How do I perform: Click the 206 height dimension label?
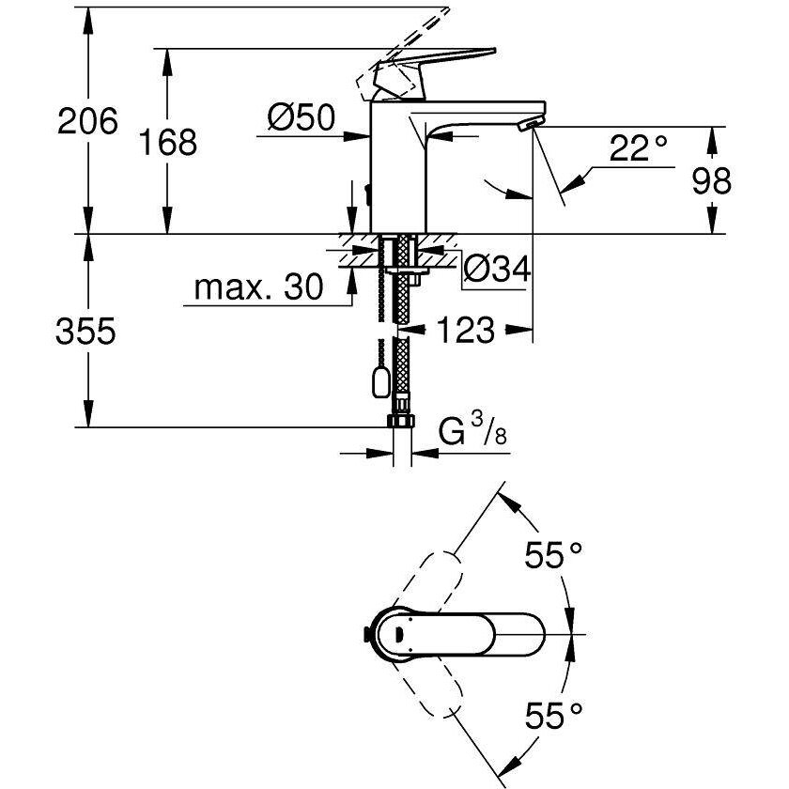coord(87,121)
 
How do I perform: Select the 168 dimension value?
coord(167,142)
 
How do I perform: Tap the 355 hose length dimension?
coord(85,332)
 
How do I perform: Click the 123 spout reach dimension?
coord(464,330)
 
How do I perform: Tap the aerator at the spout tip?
coord(531,123)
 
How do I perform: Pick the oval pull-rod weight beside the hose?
coord(380,379)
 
